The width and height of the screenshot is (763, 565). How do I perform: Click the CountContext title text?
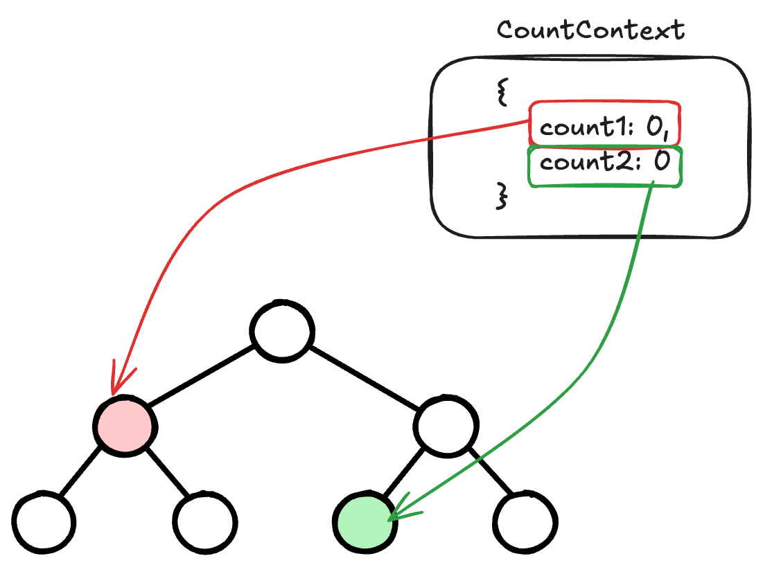(x=590, y=30)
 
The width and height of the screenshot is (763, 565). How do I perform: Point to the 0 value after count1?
(x=653, y=127)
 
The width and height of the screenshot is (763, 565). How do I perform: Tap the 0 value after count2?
(x=661, y=163)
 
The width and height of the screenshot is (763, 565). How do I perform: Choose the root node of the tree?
(x=282, y=332)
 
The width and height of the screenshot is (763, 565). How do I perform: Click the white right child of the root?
(x=447, y=426)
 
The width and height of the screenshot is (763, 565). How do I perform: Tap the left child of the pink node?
(x=44, y=521)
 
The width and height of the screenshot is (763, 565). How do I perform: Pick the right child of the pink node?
(x=204, y=521)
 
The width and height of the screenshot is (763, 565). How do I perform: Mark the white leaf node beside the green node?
(x=527, y=521)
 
